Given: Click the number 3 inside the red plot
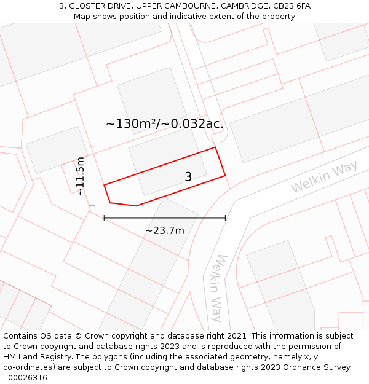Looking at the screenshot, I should (x=188, y=177).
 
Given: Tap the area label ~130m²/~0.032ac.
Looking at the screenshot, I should (x=164, y=123).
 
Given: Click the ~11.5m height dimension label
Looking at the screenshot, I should (x=80, y=176).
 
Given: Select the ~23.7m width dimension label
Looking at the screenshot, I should (x=165, y=230).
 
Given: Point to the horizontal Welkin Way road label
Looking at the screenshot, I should (x=324, y=178).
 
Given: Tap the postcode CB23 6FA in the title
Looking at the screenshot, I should (x=292, y=6).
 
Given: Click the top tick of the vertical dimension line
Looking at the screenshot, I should (x=92, y=147).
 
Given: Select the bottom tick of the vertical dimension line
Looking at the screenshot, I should (x=92, y=206).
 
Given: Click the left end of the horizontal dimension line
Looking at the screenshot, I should (x=105, y=218).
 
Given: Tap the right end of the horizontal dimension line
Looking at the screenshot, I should (x=225, y=218).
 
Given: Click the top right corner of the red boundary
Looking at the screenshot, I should (x=215, y=147).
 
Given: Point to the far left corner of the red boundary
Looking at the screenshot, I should (x=105, y=184).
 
